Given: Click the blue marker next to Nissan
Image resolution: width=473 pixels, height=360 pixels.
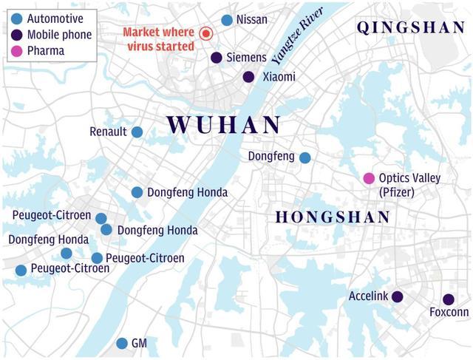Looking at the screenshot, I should (x=227, y=20).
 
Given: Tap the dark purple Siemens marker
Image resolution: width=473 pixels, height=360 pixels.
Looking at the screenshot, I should (x=217, y=58).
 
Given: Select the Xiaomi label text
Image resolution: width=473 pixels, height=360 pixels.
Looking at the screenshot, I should (x=279, y=77).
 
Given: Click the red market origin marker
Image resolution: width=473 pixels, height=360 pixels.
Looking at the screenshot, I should (x=206, y=33).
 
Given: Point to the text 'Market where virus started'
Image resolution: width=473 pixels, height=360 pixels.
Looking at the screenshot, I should (x=159, y=39).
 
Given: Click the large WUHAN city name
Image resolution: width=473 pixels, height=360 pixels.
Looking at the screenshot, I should (x=223, y=124).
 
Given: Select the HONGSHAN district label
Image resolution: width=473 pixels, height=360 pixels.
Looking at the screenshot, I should (x=333, y=217).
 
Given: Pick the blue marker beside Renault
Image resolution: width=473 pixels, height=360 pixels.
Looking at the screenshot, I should (x=137, y=132).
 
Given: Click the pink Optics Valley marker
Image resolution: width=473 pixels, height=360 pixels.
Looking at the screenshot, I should (x=369, y=178).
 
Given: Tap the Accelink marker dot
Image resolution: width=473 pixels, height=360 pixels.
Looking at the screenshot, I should (x=397, y=296).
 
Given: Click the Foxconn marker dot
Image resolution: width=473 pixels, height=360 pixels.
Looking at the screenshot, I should (x=448, y=299).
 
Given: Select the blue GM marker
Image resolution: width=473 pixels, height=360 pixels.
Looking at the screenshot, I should (x=122, y=344).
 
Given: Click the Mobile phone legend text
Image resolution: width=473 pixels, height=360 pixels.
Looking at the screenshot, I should (x=59, y=35).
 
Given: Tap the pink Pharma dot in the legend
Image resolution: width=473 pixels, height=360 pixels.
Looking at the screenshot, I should (x=16, y=51).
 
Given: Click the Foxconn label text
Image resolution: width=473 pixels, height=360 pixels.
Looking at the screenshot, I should (x=449, y=313).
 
